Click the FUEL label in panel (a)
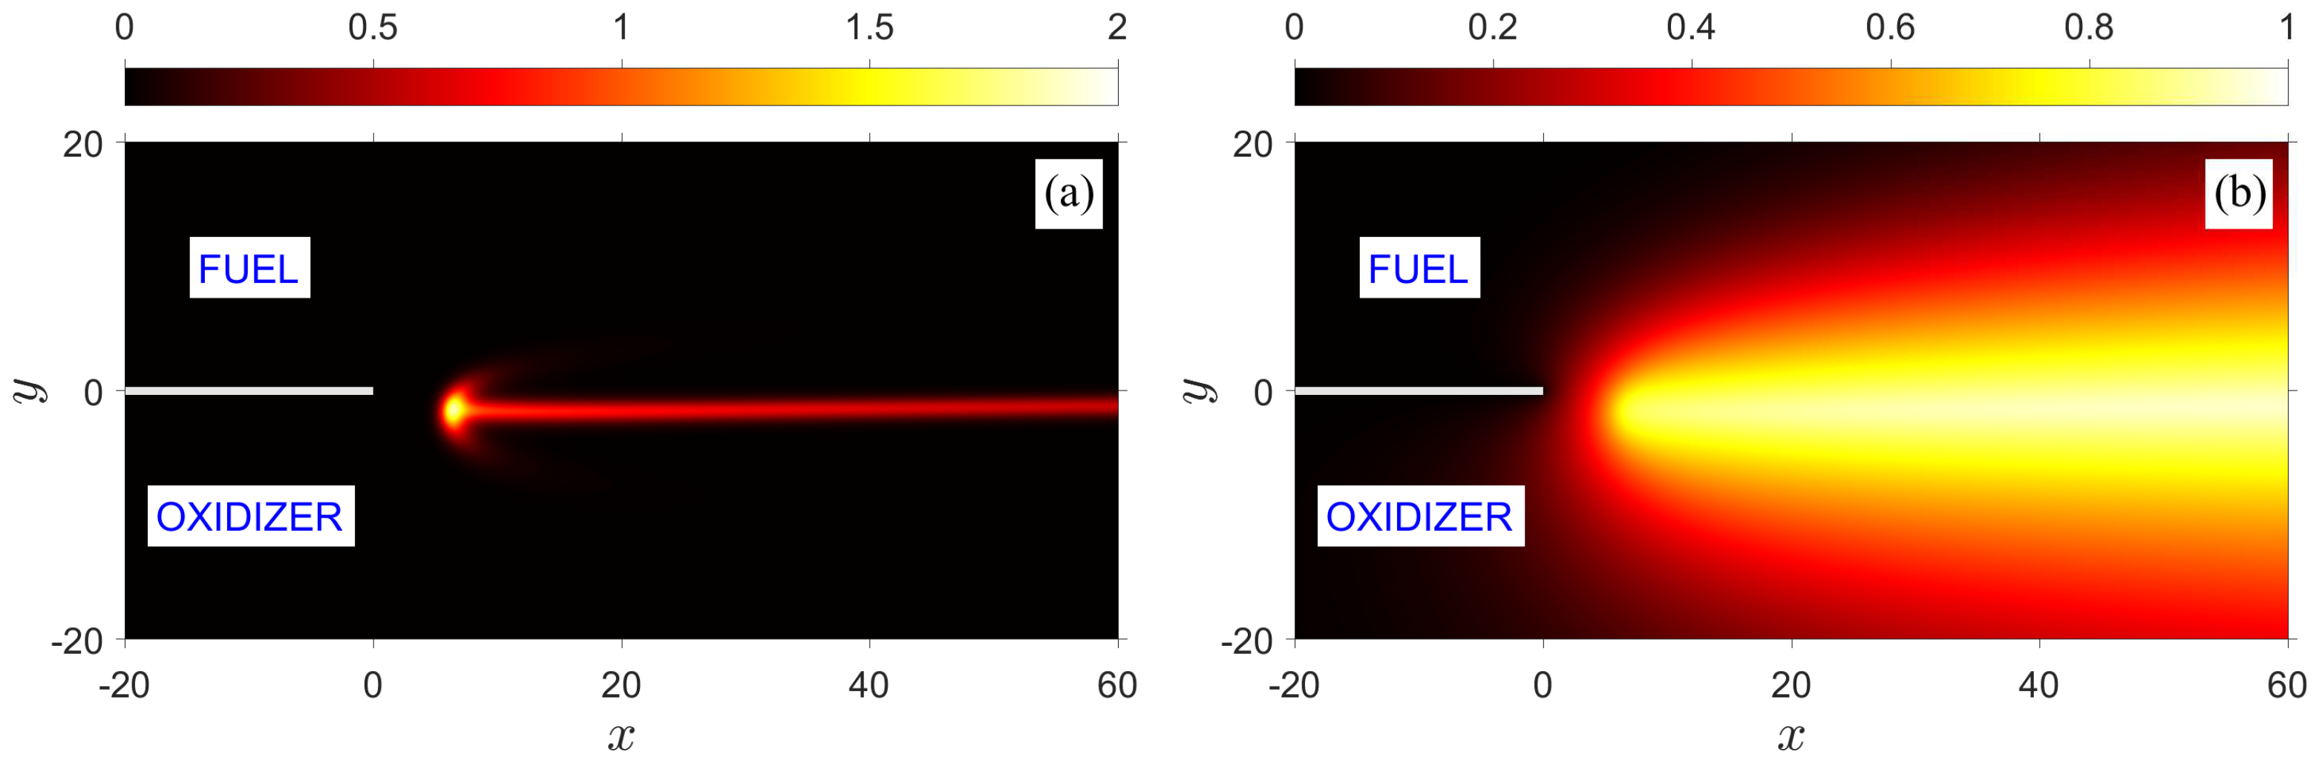(x=249, y=269)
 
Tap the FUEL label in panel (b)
(x=1419, y=269)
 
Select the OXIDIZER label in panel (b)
(x=1419, y=517)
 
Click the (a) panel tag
(x=1068, y=194)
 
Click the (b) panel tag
(x=2239, y=194)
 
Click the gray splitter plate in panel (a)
(x=249, y=391)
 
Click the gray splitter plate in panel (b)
(x=1419, y=391)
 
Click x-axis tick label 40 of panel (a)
(x=869, y=686)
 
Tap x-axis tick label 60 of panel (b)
(x=2287, y=686)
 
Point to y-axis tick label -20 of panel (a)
(x=76, y=641)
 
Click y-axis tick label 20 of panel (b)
(x=1253, y=144)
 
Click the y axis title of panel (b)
(x=1198, y=390)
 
